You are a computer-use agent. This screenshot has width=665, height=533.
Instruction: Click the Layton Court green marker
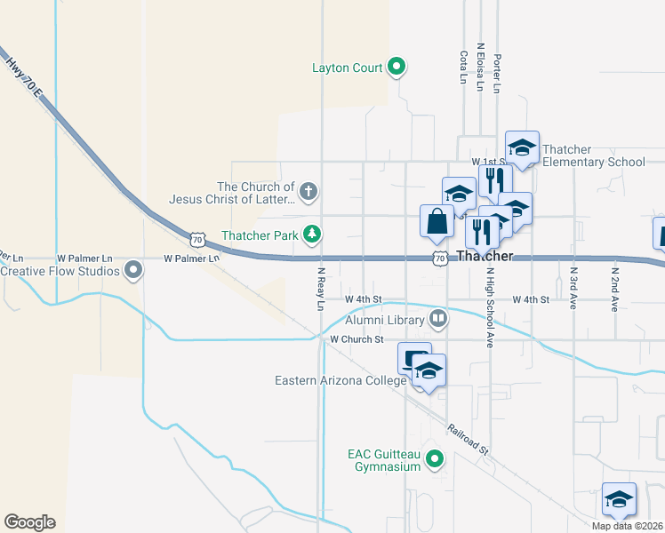397,67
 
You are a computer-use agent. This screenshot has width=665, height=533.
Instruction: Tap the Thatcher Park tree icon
312,235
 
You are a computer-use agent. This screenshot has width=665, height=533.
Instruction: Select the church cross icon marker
308,191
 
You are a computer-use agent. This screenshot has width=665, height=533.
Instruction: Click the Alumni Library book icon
437,318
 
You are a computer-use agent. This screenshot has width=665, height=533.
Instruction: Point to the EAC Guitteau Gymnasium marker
435,459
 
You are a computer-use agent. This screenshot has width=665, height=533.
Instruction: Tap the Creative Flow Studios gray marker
133,268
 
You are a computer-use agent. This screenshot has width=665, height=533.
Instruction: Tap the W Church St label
356,339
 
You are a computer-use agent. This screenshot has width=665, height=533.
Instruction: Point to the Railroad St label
468,439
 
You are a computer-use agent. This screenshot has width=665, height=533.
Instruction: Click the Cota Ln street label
463,68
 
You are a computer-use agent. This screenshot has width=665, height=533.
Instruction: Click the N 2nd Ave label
614,289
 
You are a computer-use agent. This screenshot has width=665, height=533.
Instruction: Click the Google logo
29,522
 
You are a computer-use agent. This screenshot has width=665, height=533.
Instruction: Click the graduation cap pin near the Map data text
619,499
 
